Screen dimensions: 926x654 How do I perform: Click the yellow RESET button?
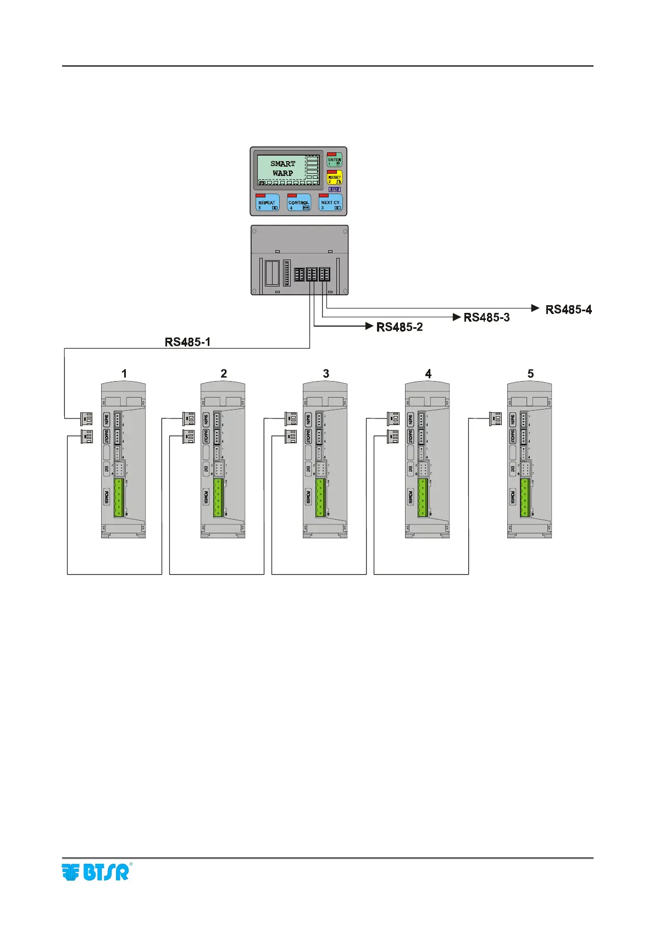click(334, 178)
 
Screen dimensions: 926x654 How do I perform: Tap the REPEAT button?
click(267, 203)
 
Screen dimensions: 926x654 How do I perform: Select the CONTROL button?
click(299, 203)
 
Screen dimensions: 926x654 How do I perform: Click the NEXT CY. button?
click(331, 203)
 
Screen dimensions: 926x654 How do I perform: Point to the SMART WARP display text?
click(282, 168)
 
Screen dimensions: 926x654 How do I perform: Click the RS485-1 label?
click(188, 342)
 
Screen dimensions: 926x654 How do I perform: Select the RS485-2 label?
click(400, 327)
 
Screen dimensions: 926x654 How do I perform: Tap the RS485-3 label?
click(486, 317)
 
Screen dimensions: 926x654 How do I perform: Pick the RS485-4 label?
click(569, 310)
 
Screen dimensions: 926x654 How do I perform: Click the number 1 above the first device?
click(124, 374)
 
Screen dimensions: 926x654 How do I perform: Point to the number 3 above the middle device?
click(326, 374)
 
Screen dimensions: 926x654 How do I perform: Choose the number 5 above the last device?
click(530, 374)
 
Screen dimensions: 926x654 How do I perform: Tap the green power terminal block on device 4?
click(423, 498)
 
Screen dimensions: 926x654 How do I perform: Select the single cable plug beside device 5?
click(495, 419)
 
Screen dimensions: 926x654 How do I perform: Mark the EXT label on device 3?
click(308, 469)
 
